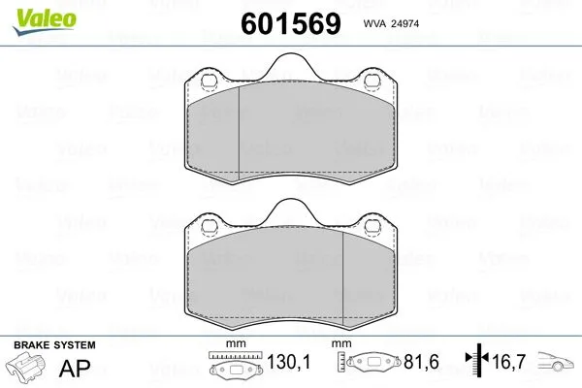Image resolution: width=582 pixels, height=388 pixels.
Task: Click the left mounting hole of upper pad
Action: click(x=207, y=81)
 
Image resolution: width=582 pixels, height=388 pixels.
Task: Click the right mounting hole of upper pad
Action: click(x=369, y=81)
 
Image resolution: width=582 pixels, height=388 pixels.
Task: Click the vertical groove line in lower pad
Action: click(x=345, y=276)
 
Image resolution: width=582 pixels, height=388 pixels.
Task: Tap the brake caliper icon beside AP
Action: click(x=29, y=370)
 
